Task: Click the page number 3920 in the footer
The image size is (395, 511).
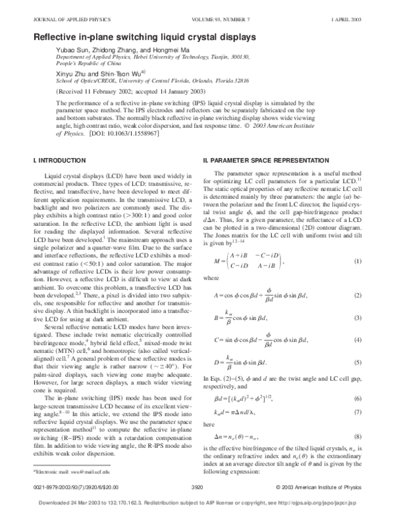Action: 197,488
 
